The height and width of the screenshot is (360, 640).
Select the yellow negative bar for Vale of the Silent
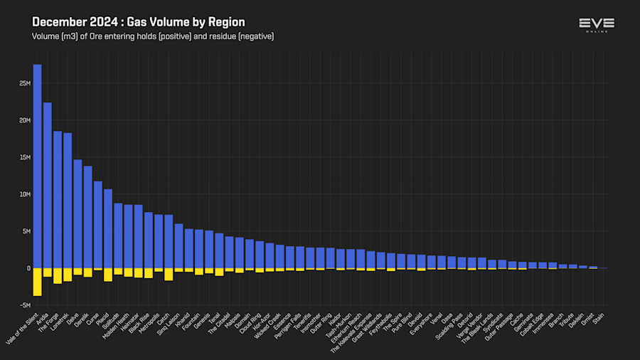(37, 282)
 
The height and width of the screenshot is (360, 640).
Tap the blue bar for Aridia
(47, 185)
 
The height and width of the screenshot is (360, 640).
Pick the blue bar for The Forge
(58, 199)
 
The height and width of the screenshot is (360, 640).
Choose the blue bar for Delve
(78, 213)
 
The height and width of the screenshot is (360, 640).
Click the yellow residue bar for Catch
(169, 275)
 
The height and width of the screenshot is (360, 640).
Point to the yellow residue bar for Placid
(108, 275)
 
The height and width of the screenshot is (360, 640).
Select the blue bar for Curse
(98, 224)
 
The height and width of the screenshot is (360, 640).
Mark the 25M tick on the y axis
(25, 83)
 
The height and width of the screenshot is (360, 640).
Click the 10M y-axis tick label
(25, 194)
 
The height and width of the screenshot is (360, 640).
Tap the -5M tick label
(25, 305)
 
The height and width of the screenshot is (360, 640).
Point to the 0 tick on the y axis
(28, 268)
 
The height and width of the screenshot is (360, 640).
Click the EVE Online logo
(597, 24)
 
